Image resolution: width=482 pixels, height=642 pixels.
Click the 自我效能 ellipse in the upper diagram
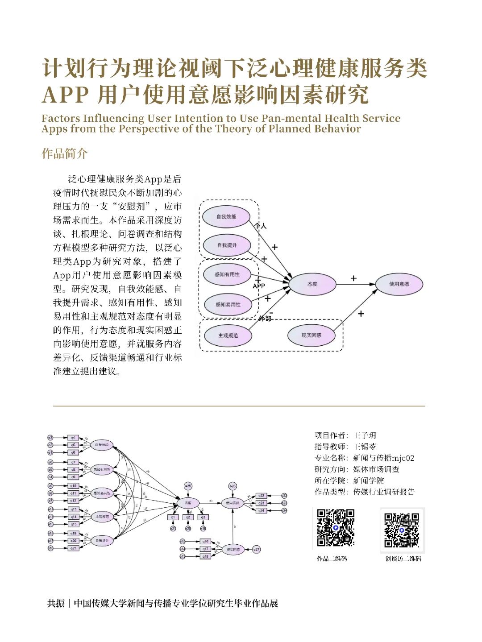[226, 217]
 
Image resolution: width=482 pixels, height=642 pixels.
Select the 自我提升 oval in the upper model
[227, 245]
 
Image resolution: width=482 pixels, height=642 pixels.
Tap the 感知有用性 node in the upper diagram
[227, 274]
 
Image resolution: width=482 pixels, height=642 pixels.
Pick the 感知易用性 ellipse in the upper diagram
[228, 304]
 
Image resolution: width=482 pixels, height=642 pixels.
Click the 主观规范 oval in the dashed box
[228, 335]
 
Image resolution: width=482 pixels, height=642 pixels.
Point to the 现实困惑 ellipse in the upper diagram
[311, 335]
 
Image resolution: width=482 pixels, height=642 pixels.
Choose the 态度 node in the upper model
[312, 284]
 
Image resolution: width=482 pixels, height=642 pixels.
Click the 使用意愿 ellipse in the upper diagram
[399, 284]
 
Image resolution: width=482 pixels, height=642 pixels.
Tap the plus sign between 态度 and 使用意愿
[353, 278]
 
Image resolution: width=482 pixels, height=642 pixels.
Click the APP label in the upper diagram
[259, 286]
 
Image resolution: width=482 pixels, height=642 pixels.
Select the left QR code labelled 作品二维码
[336, 528]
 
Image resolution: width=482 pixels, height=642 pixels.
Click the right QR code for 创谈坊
[402, 530]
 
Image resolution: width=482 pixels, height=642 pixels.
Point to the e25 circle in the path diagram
[188, 486]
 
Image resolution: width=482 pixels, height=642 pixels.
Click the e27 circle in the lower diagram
[256, 549]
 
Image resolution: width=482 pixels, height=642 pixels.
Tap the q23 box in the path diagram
[262, 503]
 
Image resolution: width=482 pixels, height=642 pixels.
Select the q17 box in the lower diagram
[205, 549]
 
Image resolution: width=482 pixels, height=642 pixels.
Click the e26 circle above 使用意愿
[233, 486]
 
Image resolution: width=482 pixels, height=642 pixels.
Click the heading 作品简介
[64, 154]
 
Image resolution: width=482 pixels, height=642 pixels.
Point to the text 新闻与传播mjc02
[383, 458]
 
